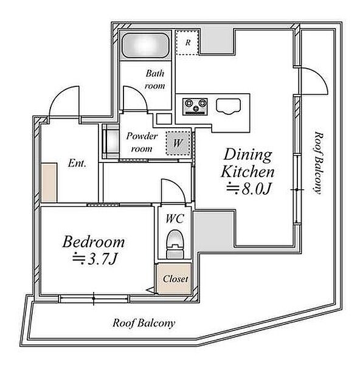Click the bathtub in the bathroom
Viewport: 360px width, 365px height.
(x=146, y=46)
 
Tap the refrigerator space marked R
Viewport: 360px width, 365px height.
(x=187, y=43)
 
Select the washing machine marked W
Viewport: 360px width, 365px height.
(x=178, y=143)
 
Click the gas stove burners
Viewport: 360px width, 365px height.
(x=195, y=106)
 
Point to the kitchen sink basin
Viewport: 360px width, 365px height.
(x=228, y=106)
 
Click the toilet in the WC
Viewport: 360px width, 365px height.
(x=175, y=244)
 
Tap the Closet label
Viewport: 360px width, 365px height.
(x=176, y=279)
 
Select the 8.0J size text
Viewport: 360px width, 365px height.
(x=249, y=189)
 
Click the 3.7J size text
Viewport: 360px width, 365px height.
(x=94, y=259)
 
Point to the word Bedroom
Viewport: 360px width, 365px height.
(x=94, y=242)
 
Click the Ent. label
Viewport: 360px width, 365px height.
(x=77, y=163)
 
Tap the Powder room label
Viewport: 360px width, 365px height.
(x=142, y=142)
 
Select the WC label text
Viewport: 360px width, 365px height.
(x=175, y=218)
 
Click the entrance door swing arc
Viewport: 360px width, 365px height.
(x=58, y=94)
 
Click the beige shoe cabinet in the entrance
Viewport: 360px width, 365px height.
(x=49, y=182)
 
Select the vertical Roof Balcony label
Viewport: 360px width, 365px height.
(x=318, y=162)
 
